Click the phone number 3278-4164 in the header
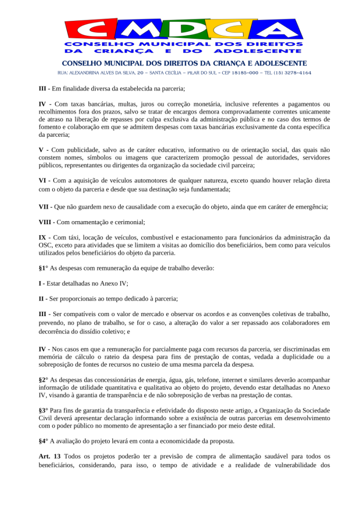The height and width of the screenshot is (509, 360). point(296,73)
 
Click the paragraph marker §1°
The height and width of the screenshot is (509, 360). point(43,268)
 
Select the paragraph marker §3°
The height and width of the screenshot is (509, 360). point(43,411)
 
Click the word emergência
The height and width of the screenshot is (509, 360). point(309,207)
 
